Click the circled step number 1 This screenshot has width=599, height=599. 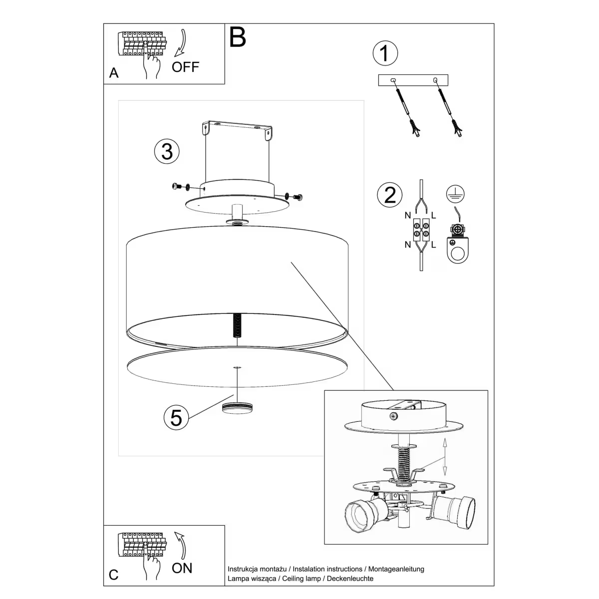pos(385,53)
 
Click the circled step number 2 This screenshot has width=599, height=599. pos(390,194)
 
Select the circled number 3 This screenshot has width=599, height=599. pos(167,151)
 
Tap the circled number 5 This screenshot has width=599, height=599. pos(176,417)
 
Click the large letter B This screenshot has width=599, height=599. pos(238,37)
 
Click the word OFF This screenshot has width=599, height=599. pos(185,67)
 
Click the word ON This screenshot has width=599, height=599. pos(182,568)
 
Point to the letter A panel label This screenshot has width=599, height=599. pos(114,73)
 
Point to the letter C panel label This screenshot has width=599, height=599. pos(114,575)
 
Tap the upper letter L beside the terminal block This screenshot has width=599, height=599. pos(433,216)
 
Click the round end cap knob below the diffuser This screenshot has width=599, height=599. pos(238,407)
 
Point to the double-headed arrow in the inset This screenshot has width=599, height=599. pos(445,457)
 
